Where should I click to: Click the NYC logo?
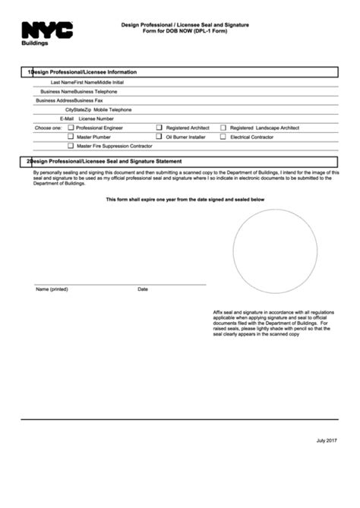coord(47,30)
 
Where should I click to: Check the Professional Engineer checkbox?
coord(71,128)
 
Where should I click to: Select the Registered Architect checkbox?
coord(159,128)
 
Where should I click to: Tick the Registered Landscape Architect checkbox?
coord(223,128)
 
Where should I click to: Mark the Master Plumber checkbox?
coord(71,137)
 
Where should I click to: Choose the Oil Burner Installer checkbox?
coord(159,137)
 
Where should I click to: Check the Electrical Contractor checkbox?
coord(223,137)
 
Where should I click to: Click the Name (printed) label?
coord(52,289)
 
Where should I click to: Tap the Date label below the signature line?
coord(143,289)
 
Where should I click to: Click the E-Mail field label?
coord(67,119)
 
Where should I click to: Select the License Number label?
coord(96,119)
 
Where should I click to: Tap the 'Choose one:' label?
coord(49,128)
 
